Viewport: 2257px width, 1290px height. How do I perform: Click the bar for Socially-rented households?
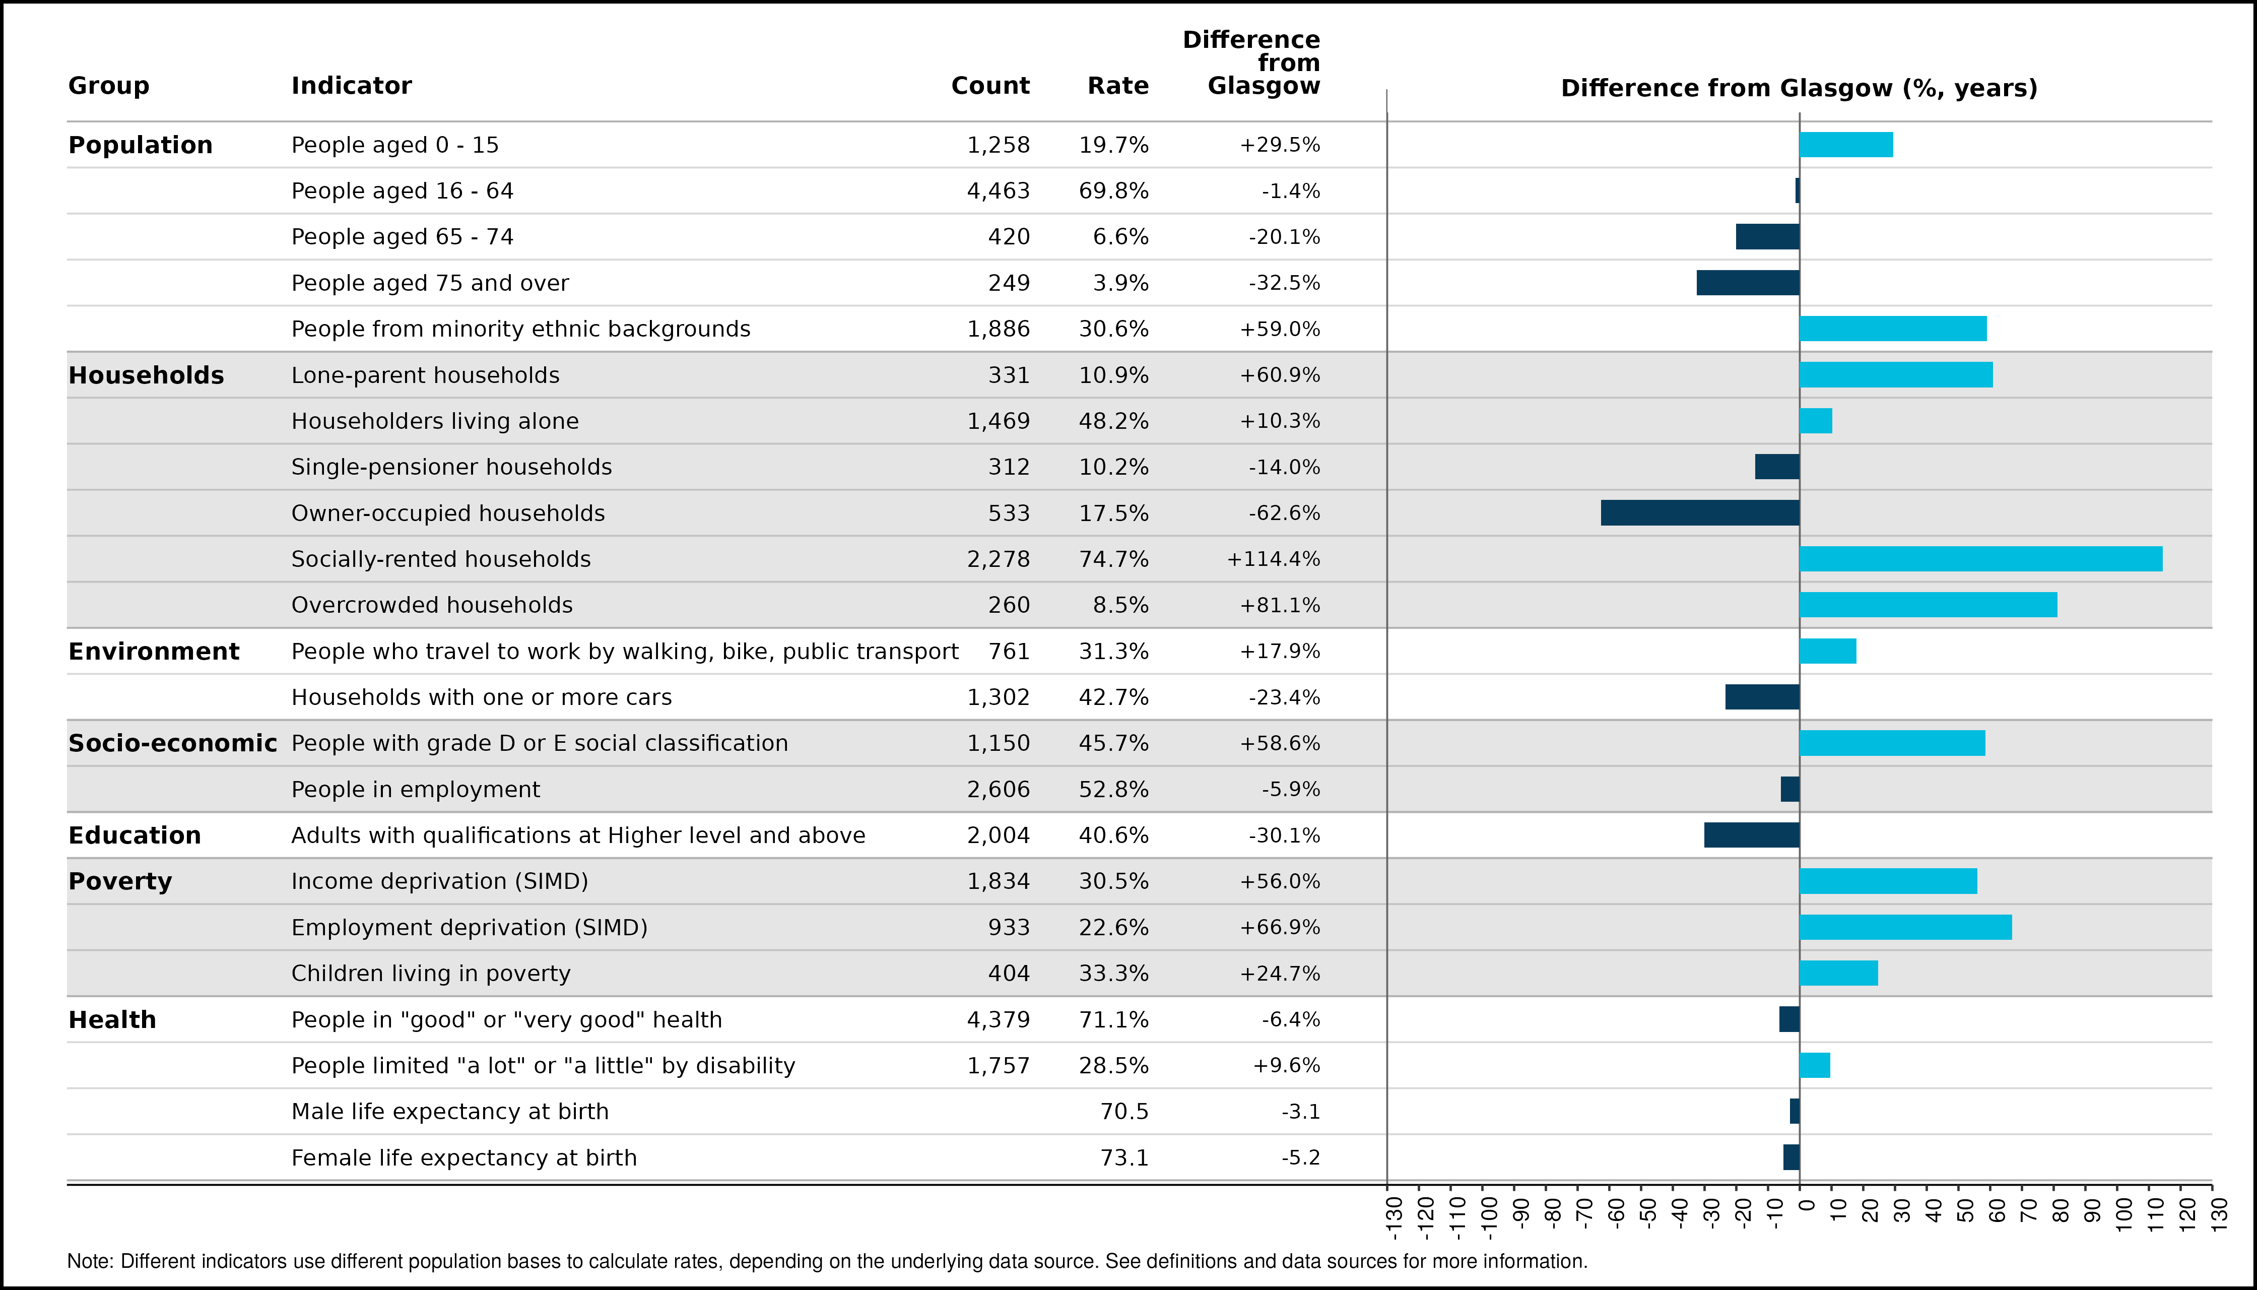pos(1980,559)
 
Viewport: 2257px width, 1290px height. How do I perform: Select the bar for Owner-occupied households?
pos(1700,513)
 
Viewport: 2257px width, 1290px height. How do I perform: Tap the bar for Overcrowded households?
pos(1929,605)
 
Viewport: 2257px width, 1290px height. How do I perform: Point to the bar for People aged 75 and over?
pos(1748,283)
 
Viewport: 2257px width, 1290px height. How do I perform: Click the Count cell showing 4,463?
pos(999,191)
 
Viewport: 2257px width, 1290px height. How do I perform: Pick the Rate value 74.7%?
pos(1113,559)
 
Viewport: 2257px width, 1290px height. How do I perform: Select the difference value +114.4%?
pos(1273,559)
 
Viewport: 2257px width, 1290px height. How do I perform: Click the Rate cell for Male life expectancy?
pos(1124,1112)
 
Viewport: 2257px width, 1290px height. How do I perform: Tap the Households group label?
pos(146,375)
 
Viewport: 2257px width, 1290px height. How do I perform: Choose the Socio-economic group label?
pos(173,743)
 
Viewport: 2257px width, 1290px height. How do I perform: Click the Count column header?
pos(990,86)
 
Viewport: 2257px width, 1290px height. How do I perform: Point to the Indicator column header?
pos(352,86)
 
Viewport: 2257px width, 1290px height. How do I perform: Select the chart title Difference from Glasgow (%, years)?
pos(1799,89)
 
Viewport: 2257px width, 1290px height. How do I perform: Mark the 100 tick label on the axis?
pos(2124,1214)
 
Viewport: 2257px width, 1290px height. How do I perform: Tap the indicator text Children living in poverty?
pos(431,974)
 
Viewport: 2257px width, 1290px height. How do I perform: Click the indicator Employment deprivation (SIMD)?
pos(470,928)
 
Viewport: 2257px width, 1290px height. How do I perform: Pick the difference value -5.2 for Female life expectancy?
pos(1300,1158)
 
